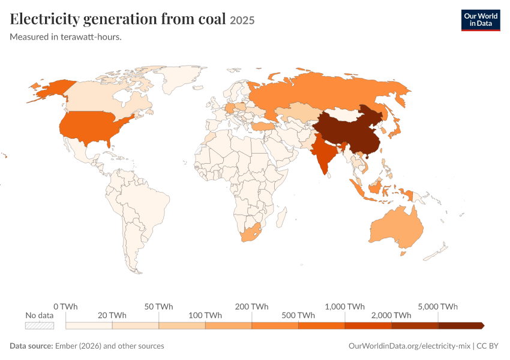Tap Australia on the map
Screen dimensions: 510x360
[x=397, y=227]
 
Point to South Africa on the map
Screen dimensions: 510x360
[x=250, y=233]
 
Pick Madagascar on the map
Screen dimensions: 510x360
[x=281, y=217]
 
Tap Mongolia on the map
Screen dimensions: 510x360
[x=341, y=115]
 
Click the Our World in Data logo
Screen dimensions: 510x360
[x=481, y=20]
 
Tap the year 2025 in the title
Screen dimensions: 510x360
[x=242, y=20]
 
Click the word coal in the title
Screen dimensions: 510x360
[x=211, y=19]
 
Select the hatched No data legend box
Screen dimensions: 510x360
[x=40, y=326]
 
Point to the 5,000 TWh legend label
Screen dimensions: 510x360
[x=438, y=307]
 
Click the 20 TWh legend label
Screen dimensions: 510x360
[x=112, y=316]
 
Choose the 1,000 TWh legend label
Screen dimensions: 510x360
[x=345, y=307]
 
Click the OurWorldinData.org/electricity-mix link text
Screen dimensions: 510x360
[x=409, y=346]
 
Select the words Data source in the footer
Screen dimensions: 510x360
[x=31, y=346]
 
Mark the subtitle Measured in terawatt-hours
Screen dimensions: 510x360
[x=66, y=37]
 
